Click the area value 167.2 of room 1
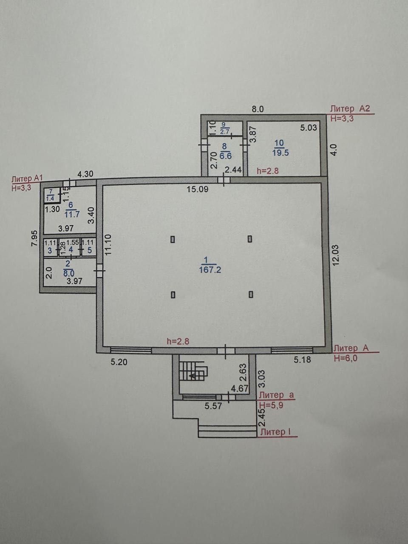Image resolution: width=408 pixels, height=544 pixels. click(210, 269)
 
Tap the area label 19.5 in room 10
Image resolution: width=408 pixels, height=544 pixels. click(280, 153)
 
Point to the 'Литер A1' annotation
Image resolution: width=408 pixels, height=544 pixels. click(28, 178)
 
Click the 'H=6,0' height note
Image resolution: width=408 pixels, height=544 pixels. click(346, 358)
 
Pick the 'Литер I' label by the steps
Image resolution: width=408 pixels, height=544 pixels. click(275, 432)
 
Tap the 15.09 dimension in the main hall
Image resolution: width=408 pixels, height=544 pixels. click(198, 190)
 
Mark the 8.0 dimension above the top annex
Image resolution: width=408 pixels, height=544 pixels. click(258, 109)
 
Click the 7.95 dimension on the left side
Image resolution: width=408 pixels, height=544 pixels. click(34, 238)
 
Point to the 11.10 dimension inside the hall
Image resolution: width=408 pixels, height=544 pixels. click(108, 245)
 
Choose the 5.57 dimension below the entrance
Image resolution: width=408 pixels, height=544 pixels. click(213, 406)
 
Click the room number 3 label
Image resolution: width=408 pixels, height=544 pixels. click(50, 250)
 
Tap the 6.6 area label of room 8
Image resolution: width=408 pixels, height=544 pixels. click(225, 156)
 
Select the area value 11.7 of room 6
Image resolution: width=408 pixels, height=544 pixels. click(72, 214)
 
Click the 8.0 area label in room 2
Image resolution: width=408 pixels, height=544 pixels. click(69, 273)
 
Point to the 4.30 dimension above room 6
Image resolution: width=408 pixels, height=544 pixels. click(85, 174)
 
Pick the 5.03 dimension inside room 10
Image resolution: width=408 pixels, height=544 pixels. click(309, 128)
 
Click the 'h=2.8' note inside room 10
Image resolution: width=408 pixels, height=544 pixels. click(268, 171)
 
